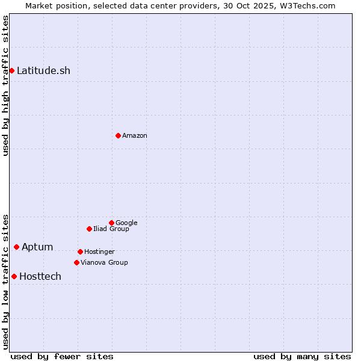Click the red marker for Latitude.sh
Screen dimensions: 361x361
coord(11,71)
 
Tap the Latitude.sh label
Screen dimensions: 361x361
coord(43,71)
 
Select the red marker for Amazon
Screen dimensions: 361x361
coord(118,135)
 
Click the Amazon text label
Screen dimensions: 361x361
coord(135,136)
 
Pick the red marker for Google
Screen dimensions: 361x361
coord(111,223)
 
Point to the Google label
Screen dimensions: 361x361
coord(126,223)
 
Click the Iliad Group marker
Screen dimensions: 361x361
coord(89,229)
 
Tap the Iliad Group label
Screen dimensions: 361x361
coord(111,229)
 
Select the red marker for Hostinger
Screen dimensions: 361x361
coord(80,251)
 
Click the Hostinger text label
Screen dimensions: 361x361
coord(99,252)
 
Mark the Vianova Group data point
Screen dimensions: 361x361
coord(76,262)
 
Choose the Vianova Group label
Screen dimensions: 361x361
coord(104,263)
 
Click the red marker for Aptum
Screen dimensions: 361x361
coord(16,247)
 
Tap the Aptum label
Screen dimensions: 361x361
coord(37,247)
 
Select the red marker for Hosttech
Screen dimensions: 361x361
coord(14,276)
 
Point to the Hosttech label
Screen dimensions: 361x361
coord(40,277)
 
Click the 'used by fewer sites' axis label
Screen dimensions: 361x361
coord(62,357)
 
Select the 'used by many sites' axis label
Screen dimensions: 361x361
coord(302,357)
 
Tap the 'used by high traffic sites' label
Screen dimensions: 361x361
coord(5,85)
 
